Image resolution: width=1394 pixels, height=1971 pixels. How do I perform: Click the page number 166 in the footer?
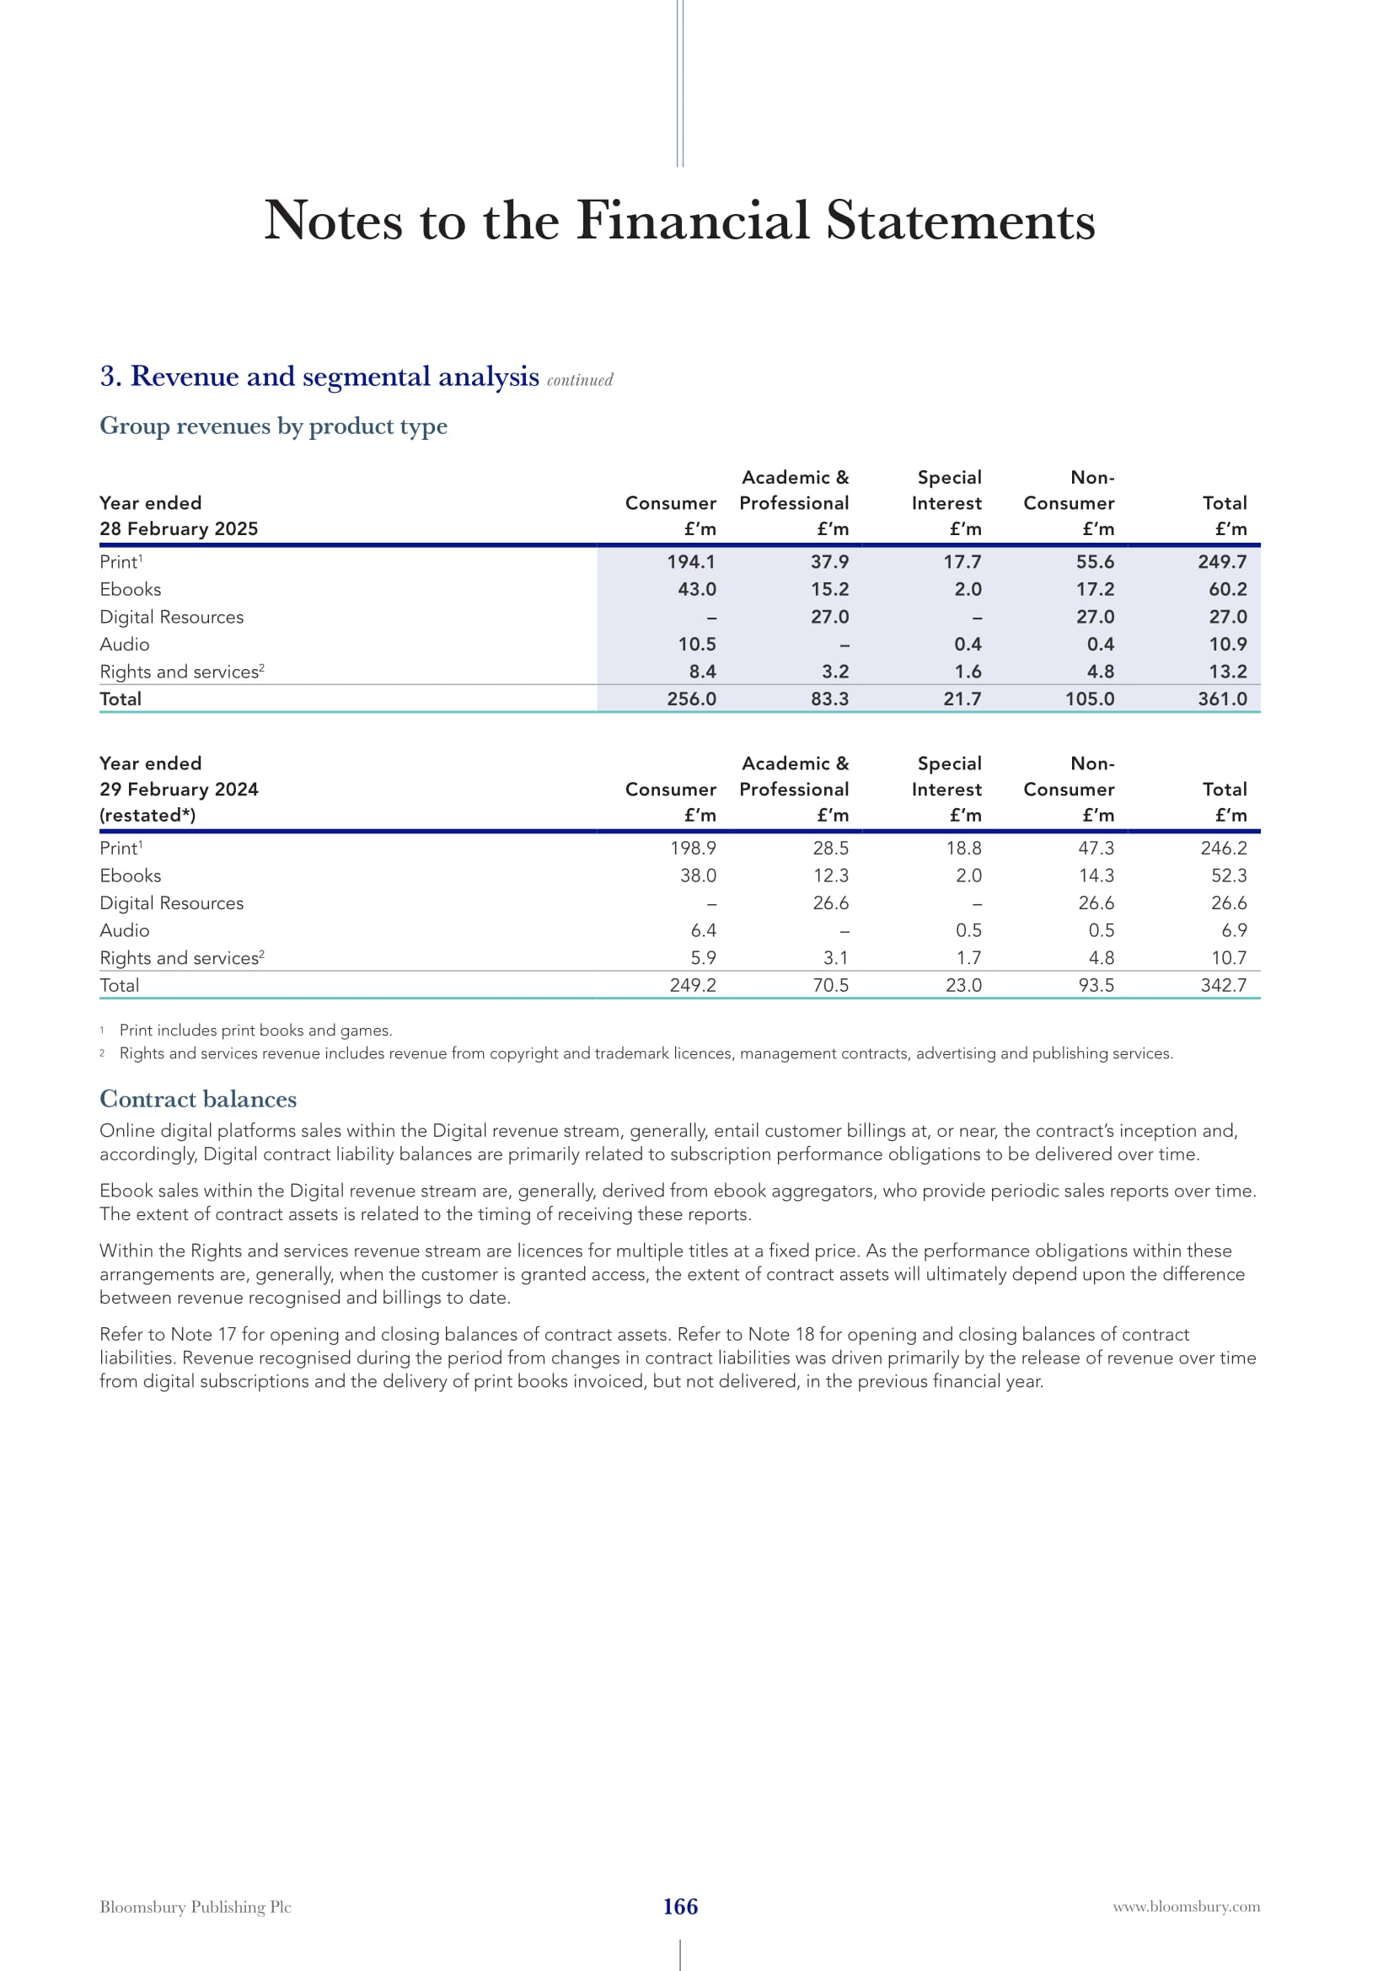coord(680,1907)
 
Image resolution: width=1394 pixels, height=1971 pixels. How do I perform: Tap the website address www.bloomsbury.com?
coord(1187,1907)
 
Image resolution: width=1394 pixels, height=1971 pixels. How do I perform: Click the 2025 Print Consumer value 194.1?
coord(691,561)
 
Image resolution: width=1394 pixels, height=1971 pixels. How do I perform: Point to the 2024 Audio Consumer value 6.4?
coord(703,929)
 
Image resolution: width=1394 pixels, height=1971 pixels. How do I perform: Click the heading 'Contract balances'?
coord(198,1099)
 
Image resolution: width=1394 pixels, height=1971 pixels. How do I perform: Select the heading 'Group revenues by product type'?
coord(273,426)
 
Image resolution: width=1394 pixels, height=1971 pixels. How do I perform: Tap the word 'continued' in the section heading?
coord(580,380)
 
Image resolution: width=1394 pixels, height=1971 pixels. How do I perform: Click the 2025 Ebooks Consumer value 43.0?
coord(697,589)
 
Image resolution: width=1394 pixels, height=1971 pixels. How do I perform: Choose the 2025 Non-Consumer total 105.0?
coord(1089,699)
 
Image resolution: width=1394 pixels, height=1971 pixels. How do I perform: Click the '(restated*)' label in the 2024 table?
coord(147,815)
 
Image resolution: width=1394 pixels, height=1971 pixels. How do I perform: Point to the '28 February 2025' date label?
coord(179,529)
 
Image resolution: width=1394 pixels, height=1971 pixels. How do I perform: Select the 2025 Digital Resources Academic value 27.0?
coord(829,616)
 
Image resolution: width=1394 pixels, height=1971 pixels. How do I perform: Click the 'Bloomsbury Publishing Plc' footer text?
coord(196,1907)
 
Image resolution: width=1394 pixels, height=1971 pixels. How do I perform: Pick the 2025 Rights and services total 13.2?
coord(1227,672)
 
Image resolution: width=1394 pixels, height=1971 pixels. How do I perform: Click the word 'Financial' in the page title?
coord(693,221)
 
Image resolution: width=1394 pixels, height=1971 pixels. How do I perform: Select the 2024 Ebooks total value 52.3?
coord(1228,875)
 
